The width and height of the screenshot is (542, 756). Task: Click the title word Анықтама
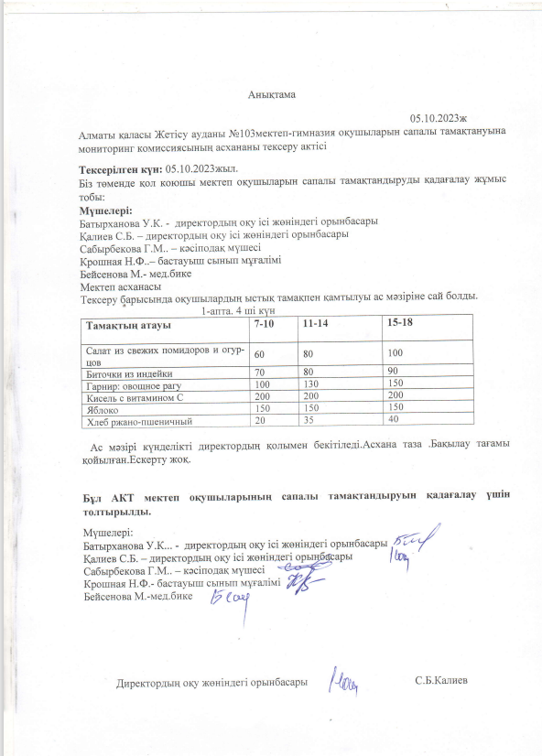click(271, 94)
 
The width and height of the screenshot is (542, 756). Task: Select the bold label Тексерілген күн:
click(122, 170)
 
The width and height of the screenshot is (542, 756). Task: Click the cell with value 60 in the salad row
click(260, 353)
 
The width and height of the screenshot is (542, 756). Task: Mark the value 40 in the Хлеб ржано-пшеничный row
click(394, 419)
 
